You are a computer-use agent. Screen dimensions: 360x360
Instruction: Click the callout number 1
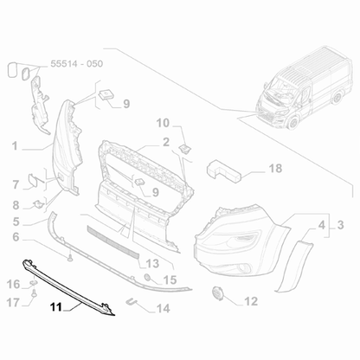coord(15,146)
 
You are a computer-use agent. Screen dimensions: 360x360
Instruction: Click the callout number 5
coord(15,221)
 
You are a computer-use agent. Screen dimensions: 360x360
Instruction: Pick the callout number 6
coord(15,236)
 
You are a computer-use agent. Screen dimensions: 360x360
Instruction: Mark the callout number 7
coord(15,183)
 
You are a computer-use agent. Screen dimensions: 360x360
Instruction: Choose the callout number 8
coord(15,205)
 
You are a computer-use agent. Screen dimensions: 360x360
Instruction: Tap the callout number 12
coord(251,301)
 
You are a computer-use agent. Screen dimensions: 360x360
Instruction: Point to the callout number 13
coord(152,262)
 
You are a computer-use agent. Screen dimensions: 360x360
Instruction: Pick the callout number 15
coord(170,280)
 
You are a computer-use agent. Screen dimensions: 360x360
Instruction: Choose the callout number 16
coord(13,283)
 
